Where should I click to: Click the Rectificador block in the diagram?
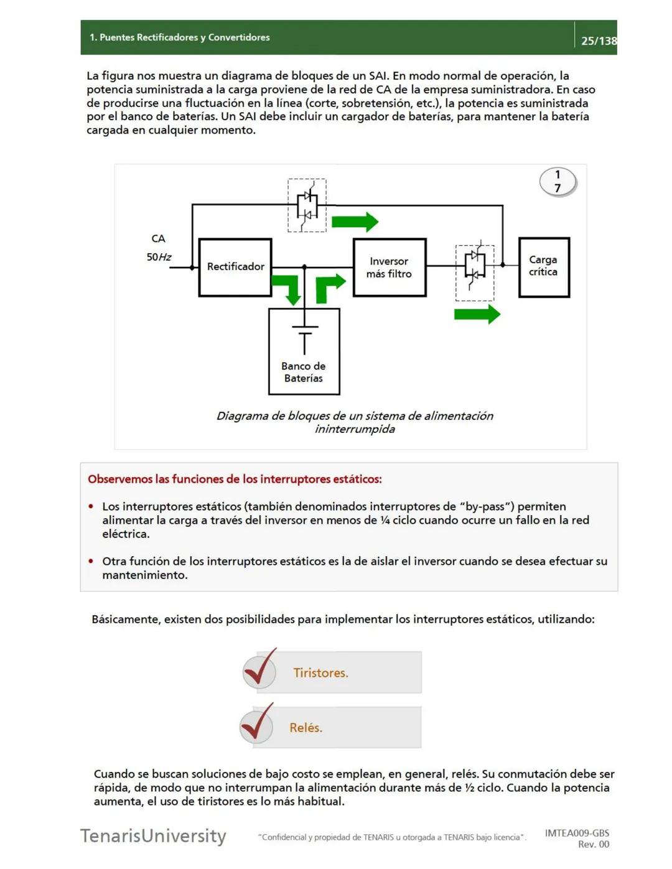(235, 267)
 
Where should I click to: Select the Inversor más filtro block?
(390, 267)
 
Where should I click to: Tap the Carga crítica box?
(544, 267)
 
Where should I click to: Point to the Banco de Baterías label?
(304, 372)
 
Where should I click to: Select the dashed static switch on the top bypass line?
(307, 205)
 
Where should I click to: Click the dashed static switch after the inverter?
(475, 272)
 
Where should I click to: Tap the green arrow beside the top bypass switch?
(355, 222)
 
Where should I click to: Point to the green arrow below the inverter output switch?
(477, 314)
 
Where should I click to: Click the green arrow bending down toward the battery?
(288, 289)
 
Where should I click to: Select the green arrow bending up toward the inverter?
(329, 287)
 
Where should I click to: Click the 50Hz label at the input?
(159, 257)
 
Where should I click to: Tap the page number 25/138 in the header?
(599, 41)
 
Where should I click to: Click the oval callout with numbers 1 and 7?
(558, 182)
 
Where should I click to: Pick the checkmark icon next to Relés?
(257, 724)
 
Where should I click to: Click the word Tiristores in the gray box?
(320, 673)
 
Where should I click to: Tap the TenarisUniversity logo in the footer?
(153, 835)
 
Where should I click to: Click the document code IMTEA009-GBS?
(577, 833)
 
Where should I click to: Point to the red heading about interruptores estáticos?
(235, 479)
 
